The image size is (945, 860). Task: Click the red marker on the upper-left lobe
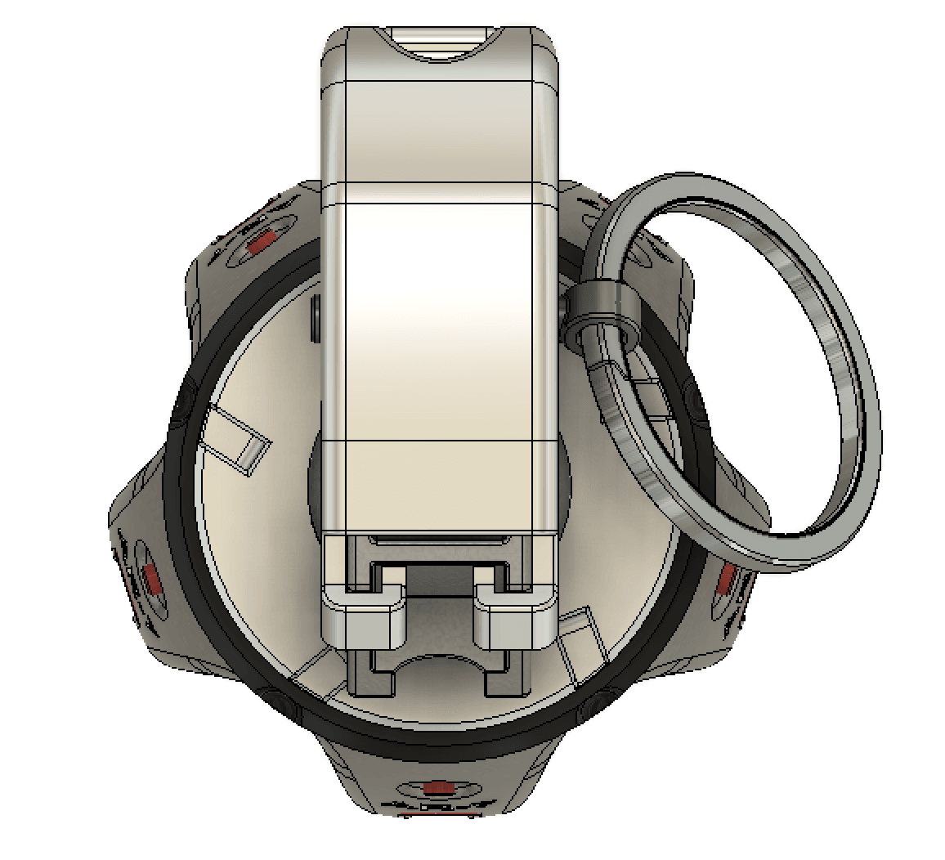pyautogui.click(x=262, y=241)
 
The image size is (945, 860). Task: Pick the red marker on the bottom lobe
pyautogui.click(x=439, y=787)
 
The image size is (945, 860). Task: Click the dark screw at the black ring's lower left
pyautogui.click(x=278, y=701)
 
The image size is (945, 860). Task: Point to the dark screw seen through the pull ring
pyautogui.click(x=697, y=401)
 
